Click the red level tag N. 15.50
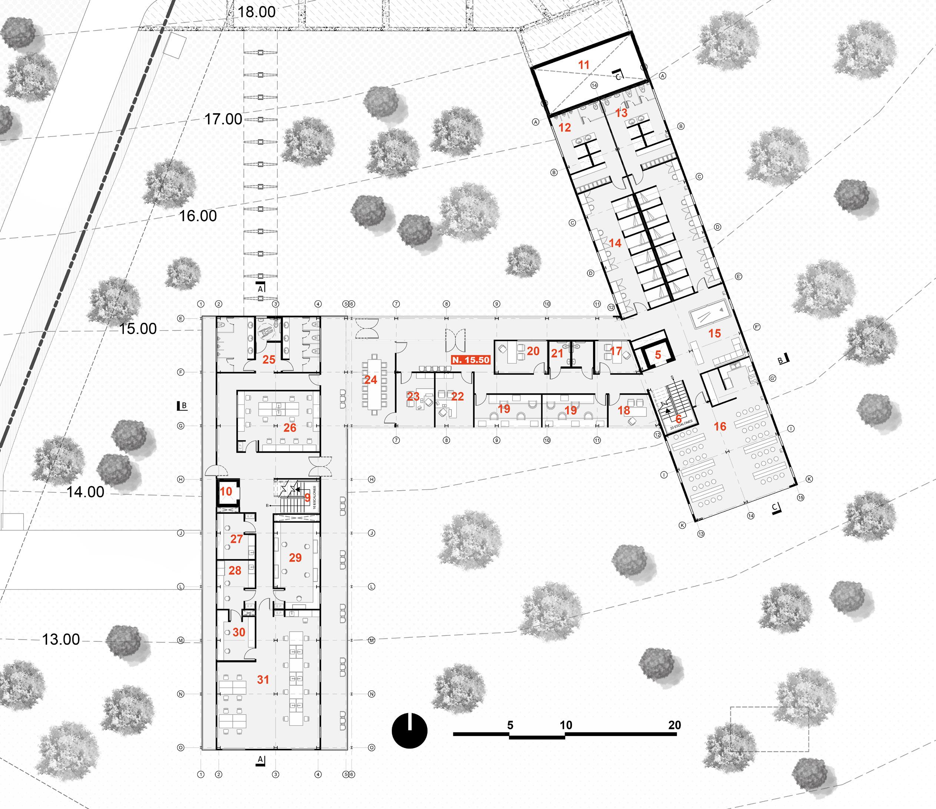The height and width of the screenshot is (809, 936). (471, 360)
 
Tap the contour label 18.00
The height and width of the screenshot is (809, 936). (256, 12)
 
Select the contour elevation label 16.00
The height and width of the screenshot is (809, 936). (198, 216)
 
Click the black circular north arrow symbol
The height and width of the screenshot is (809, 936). (409, 731)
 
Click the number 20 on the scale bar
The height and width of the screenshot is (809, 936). (674, 725)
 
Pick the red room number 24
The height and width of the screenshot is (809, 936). (370, 380)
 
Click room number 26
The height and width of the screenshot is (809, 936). (290, 428)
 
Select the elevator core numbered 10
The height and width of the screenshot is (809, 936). (226, 492)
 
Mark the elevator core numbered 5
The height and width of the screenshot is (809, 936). (658, 355)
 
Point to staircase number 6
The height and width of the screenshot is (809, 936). (678, 420)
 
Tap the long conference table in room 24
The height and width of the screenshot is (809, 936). (374, 384)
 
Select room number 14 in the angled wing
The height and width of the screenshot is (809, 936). (615, 243)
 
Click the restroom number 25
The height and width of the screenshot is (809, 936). (269, 360)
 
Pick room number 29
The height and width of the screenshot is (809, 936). (295, 558)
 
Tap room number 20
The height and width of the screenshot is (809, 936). (533, 351)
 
